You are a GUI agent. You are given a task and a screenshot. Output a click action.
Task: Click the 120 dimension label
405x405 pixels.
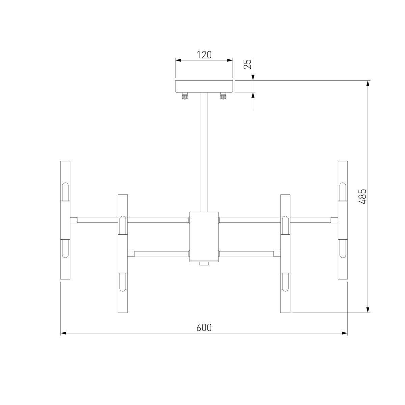(x=204, y=55)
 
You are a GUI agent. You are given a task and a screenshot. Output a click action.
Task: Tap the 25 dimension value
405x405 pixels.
(x=248, y=64)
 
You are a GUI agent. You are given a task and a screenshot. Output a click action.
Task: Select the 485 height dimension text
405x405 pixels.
(x=362, y=196)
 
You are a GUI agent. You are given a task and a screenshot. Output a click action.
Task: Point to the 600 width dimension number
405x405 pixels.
(x=204, y=328)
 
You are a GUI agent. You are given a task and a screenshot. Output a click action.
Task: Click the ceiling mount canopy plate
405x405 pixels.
(x=204, y=86)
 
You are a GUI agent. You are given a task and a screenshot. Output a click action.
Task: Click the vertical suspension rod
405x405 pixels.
(x=204, y=152)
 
